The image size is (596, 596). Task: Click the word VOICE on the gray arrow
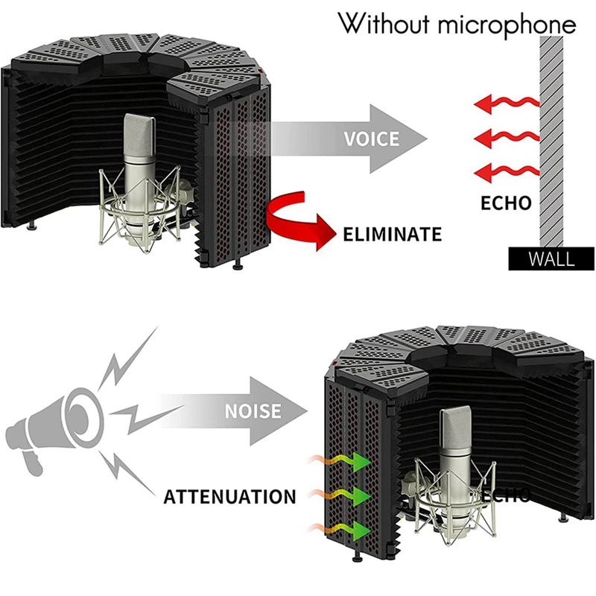372,139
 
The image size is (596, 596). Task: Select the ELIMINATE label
392,234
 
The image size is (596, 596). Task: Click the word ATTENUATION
229,496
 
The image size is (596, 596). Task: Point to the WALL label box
551,259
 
